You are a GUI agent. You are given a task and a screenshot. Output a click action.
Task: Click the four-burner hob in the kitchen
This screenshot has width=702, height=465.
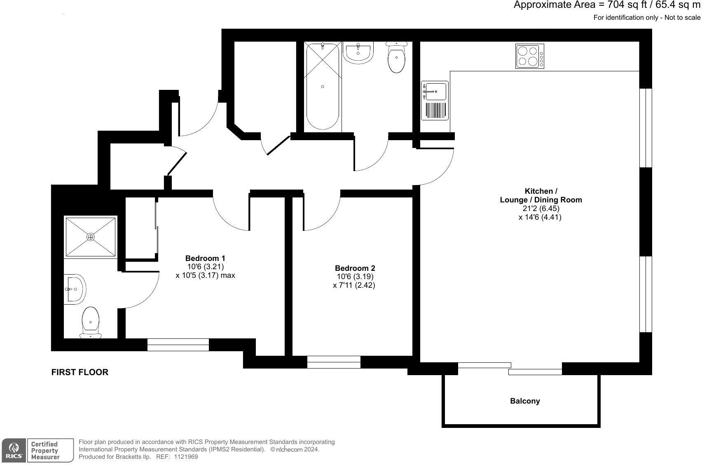(x=529, y=56)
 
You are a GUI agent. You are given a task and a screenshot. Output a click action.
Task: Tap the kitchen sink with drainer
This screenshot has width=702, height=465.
(x=435, y=101)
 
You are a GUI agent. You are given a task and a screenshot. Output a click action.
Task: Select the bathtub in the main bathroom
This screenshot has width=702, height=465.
(x=322, y=87)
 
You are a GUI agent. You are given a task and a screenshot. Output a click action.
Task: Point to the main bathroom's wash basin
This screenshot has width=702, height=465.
(x=358, y=53)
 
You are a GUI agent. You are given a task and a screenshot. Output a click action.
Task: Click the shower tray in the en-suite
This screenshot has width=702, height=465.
(x=91, y=237)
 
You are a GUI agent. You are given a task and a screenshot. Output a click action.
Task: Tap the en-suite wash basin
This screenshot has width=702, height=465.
(x=75, y=289)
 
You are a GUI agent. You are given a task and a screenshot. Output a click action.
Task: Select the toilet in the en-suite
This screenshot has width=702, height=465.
(x=91, y=323)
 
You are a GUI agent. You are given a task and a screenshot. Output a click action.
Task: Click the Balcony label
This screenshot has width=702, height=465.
(x=525, y=401)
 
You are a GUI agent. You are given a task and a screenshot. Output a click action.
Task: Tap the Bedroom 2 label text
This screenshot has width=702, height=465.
(x=355, y=268)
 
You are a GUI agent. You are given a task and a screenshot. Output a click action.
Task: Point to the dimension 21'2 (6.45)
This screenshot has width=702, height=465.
(x=541, y=209)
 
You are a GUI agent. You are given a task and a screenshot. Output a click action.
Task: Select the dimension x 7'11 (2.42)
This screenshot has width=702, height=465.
(x=354, y=285)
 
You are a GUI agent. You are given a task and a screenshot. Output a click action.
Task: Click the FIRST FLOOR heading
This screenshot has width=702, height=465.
(x=80, y=372)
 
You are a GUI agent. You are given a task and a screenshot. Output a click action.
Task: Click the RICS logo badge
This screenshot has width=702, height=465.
(x=14, y=450)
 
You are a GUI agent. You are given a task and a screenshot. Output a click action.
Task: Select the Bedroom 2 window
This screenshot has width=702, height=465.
(x=334, y=362)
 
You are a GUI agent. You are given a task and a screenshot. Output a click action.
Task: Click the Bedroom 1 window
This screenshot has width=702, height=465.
(x=178, y=345)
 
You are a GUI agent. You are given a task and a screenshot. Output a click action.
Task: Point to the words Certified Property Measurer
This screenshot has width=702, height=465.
(x=45, y=450)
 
